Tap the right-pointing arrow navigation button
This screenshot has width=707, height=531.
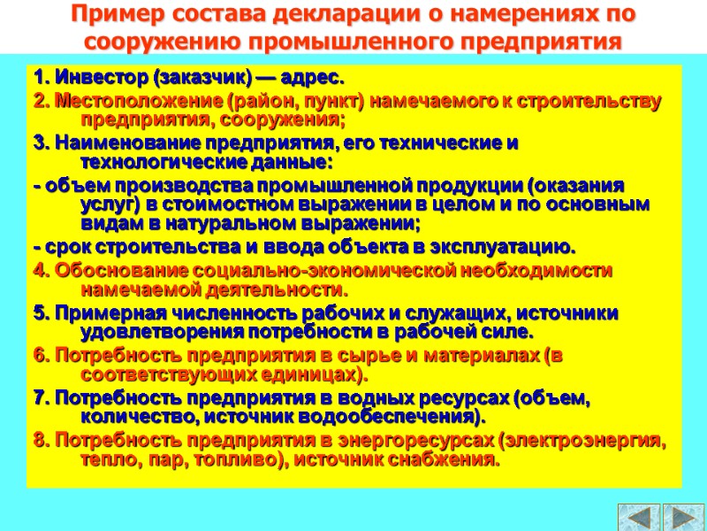point(683,517)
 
